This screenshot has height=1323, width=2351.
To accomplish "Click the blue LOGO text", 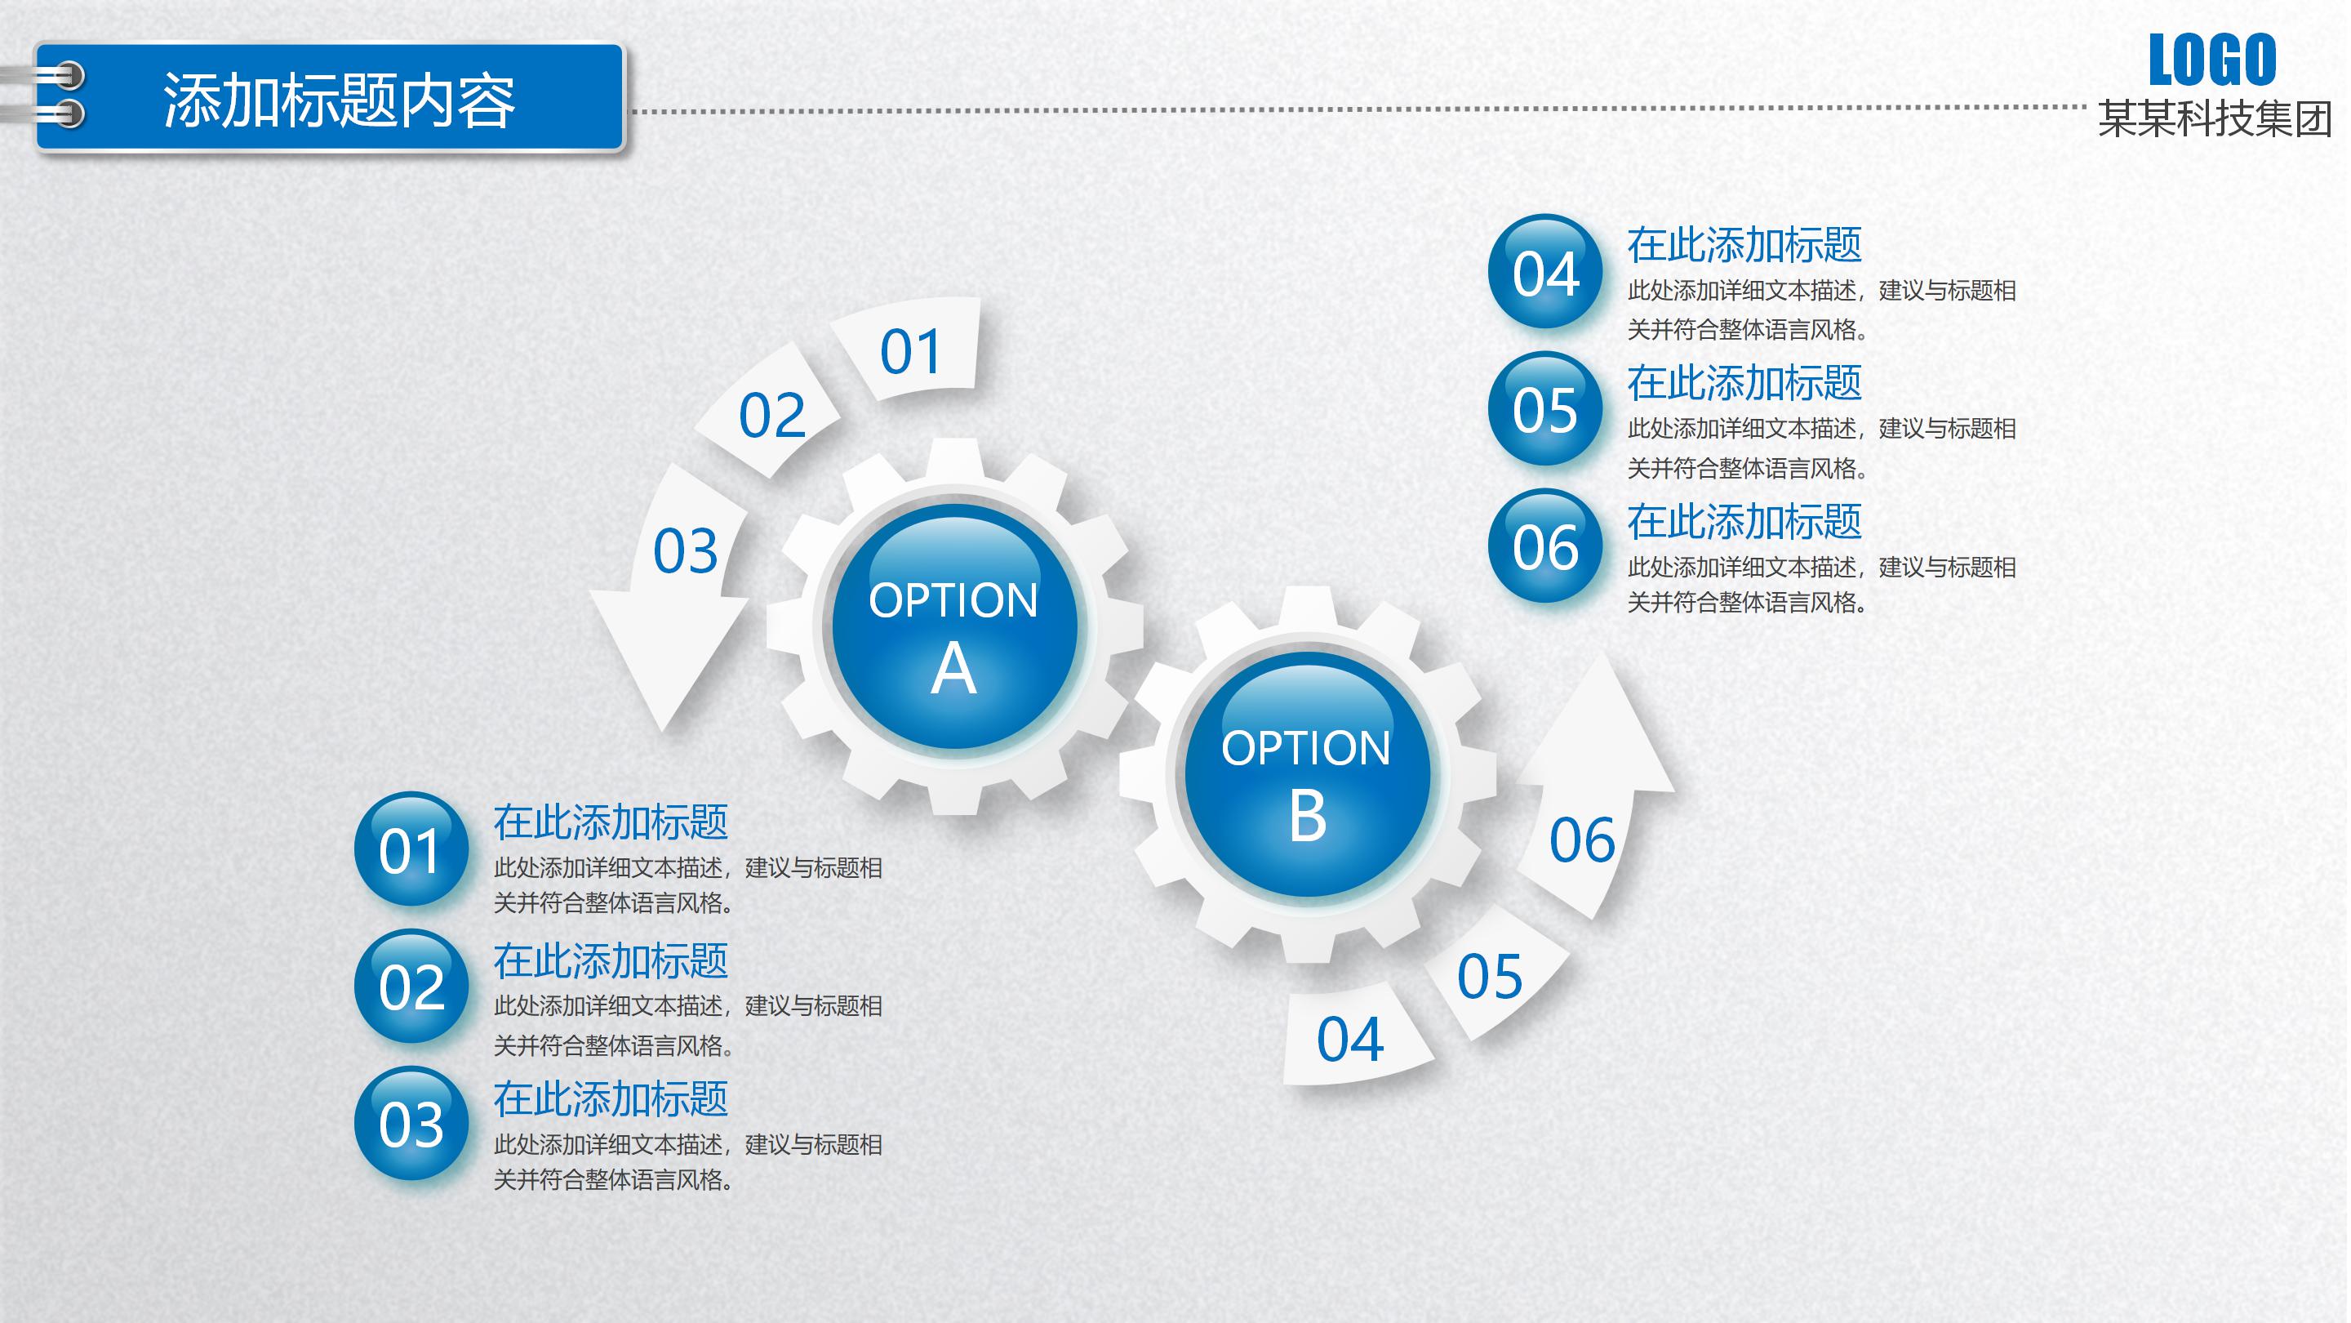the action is pos(2212,60).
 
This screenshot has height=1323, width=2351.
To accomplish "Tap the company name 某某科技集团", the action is pos(2215,118).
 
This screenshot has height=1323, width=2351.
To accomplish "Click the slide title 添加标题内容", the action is pos(339,100).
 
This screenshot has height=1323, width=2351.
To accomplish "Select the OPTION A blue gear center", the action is pos(954,626).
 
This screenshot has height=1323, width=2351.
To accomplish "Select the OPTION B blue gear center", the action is pos(1308,774).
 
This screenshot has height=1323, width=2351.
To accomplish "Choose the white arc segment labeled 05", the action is pos(1495,973).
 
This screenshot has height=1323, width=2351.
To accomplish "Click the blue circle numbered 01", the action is pos(411,849).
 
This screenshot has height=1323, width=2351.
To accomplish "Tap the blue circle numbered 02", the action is pos(411,986).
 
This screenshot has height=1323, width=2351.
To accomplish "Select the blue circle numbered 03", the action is pos(411,1123).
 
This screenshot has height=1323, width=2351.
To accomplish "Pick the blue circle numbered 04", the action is pos(1545,271).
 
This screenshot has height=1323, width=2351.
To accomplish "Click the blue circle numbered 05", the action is pos(1545,408).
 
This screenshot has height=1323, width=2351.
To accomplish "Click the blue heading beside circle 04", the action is pos(1744,245).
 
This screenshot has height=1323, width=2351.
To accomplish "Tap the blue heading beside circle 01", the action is pos(611,822).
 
